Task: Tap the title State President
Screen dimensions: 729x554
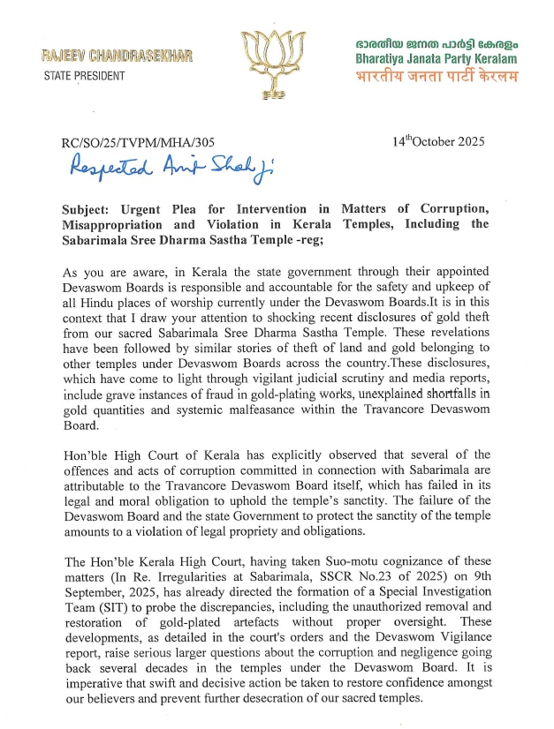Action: click(x=84, y=75)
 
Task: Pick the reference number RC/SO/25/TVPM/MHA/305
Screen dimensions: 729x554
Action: click(x=137, y=142)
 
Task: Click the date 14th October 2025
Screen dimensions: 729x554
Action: click(x=438, y=141)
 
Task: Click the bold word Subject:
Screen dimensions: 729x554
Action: click(x=89, y=209)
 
